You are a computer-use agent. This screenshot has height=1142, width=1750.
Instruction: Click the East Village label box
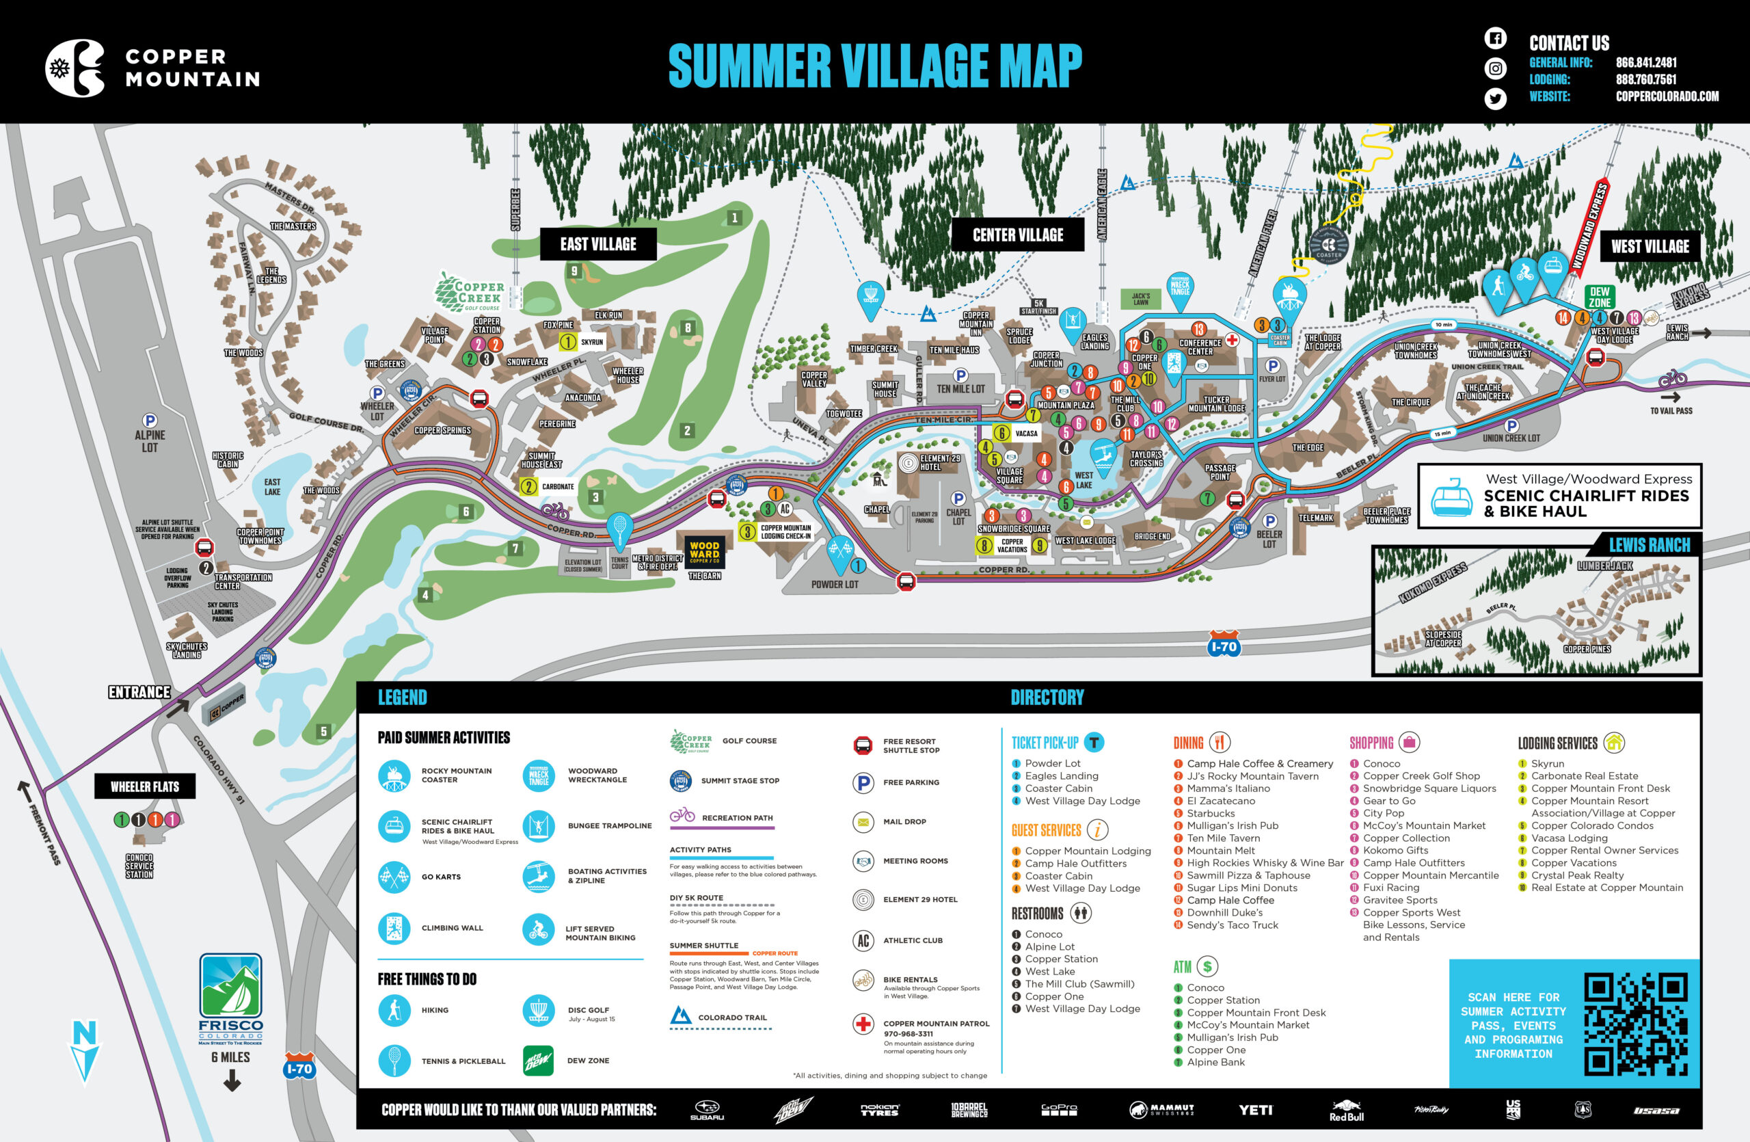[597, 244]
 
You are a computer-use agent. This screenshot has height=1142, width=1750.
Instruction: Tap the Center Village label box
[1018, 235]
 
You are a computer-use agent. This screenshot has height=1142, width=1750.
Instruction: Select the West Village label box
[1650, 246]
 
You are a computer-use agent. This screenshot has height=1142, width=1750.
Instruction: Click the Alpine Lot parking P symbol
[150, 421]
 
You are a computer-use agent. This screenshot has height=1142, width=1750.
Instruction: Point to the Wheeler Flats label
[145, 786]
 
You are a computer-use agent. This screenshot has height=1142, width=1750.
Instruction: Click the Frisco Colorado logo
[231, 998]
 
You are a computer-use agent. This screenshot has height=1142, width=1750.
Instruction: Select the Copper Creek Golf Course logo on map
[470, 292]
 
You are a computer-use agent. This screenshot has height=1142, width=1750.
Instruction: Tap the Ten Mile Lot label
[960, 389]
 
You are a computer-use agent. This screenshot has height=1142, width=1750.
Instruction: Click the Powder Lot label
[835, 585]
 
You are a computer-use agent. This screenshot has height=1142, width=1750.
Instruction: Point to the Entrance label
[139, 692]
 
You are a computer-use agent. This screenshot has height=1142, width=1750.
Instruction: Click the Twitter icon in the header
[1495, 98]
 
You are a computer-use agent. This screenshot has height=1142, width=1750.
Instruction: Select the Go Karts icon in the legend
[394, 877]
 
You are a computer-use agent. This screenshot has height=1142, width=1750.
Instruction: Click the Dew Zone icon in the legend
[538, 1061]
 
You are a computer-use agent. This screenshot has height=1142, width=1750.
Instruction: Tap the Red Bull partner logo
[1345, 1110]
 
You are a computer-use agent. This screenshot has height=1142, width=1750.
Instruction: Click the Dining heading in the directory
[1188, 743]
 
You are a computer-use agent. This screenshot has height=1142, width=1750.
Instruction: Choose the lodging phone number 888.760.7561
[1645, 79]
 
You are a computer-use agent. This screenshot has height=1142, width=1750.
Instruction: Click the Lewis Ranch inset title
[1650, 545]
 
